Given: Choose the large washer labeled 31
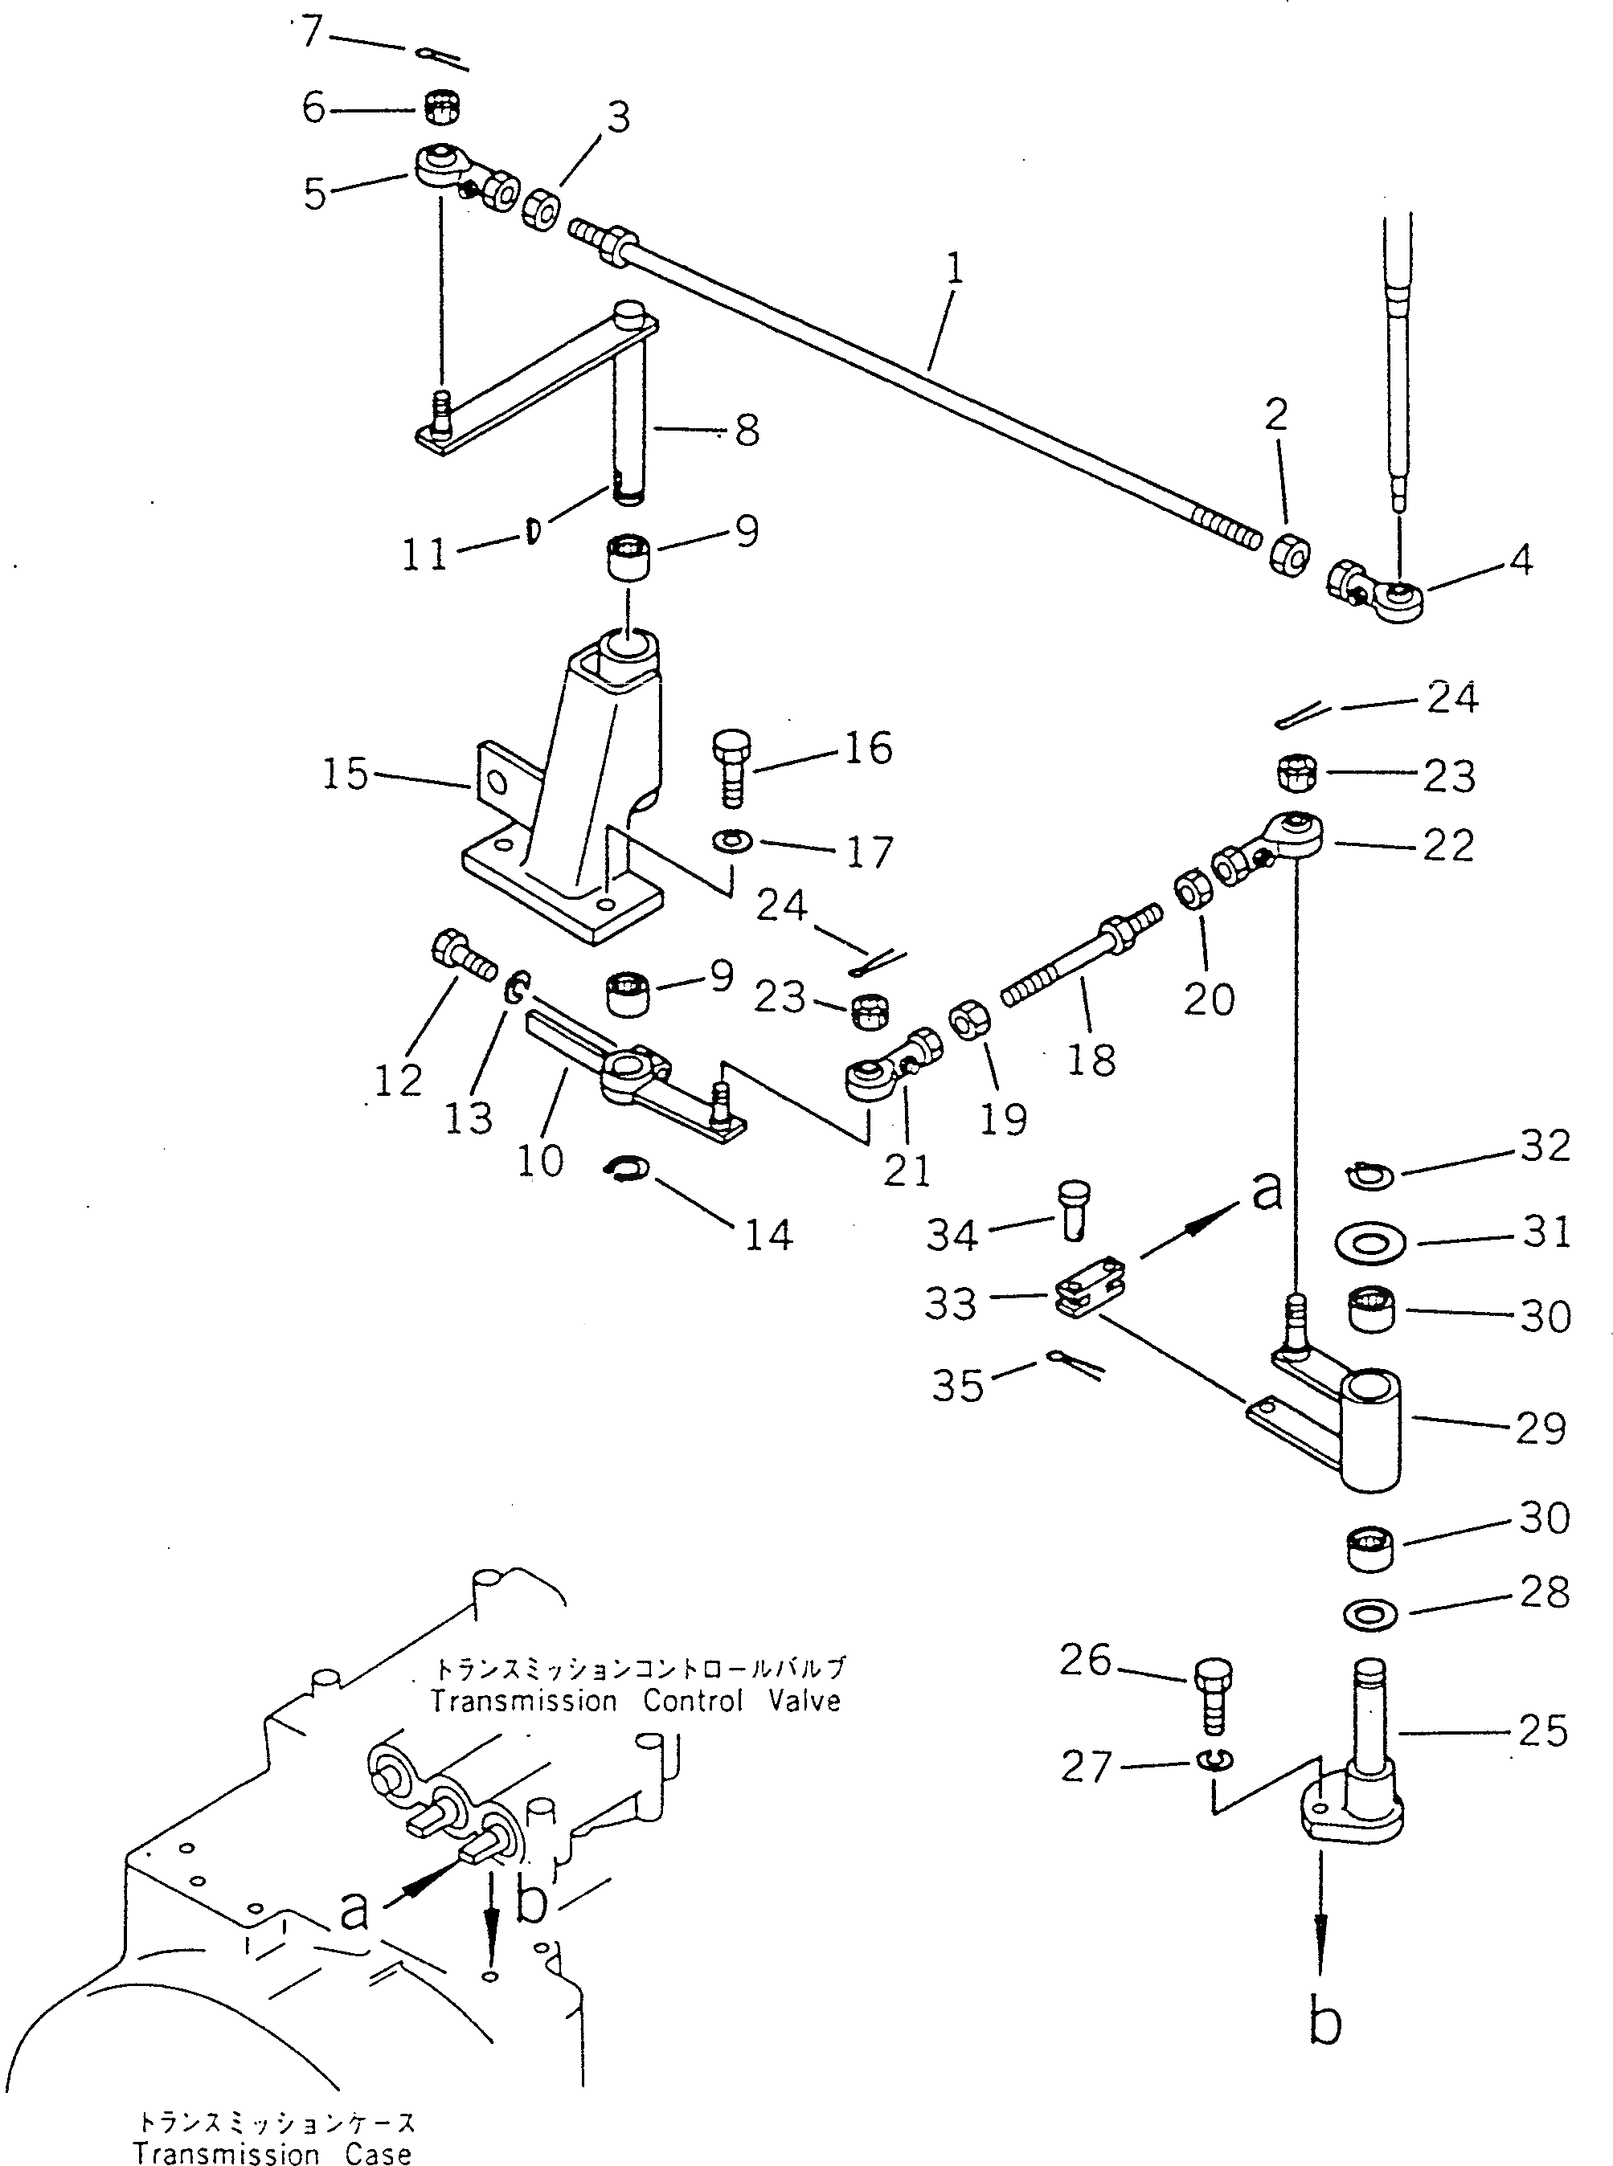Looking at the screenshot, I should (x=1369, y=1244).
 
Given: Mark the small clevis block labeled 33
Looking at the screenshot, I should (x=1091, y=1298).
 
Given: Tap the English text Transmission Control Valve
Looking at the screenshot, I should (x=636, y=1702).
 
